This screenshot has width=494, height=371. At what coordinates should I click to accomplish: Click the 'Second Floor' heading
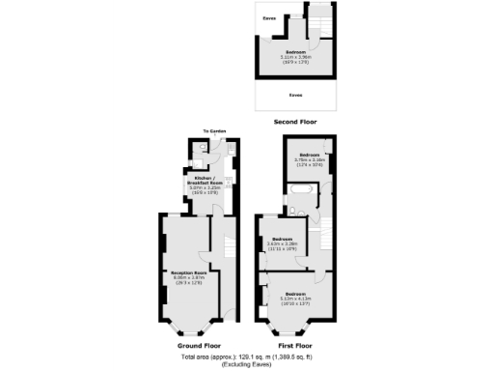pos(296,123)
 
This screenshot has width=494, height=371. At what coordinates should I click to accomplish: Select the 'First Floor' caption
pos(295,345)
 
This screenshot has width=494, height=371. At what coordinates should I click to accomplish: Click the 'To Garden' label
pos(213,132)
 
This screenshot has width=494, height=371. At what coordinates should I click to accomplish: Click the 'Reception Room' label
pos(190,276)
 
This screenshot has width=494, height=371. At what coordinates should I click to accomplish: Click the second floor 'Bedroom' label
pos(295,53)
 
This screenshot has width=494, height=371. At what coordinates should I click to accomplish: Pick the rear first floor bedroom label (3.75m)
pos(310,157)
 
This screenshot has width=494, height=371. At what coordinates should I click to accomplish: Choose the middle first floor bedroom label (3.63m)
pos(282,242)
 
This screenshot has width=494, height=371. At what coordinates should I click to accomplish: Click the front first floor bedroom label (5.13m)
pos(295,296)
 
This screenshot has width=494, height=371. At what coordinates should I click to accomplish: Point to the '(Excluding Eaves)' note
pos(246,363)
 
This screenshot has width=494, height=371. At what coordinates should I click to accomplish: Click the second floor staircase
pos(319,19)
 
